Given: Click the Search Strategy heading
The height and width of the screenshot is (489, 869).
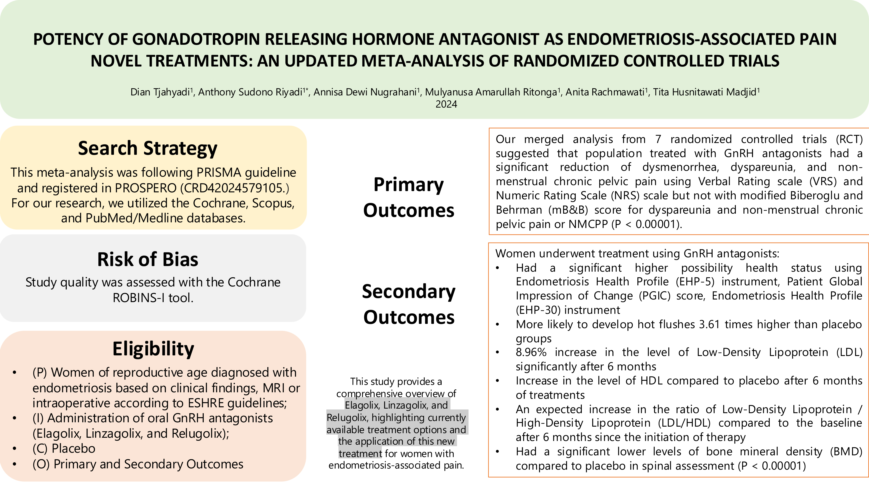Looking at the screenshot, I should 148,148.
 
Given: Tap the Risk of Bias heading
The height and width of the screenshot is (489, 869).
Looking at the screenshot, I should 148,259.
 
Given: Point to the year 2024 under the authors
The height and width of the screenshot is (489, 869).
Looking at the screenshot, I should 446,104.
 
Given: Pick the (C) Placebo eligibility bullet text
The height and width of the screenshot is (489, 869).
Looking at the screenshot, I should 64,449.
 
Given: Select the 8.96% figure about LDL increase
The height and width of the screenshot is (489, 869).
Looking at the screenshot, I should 531,352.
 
